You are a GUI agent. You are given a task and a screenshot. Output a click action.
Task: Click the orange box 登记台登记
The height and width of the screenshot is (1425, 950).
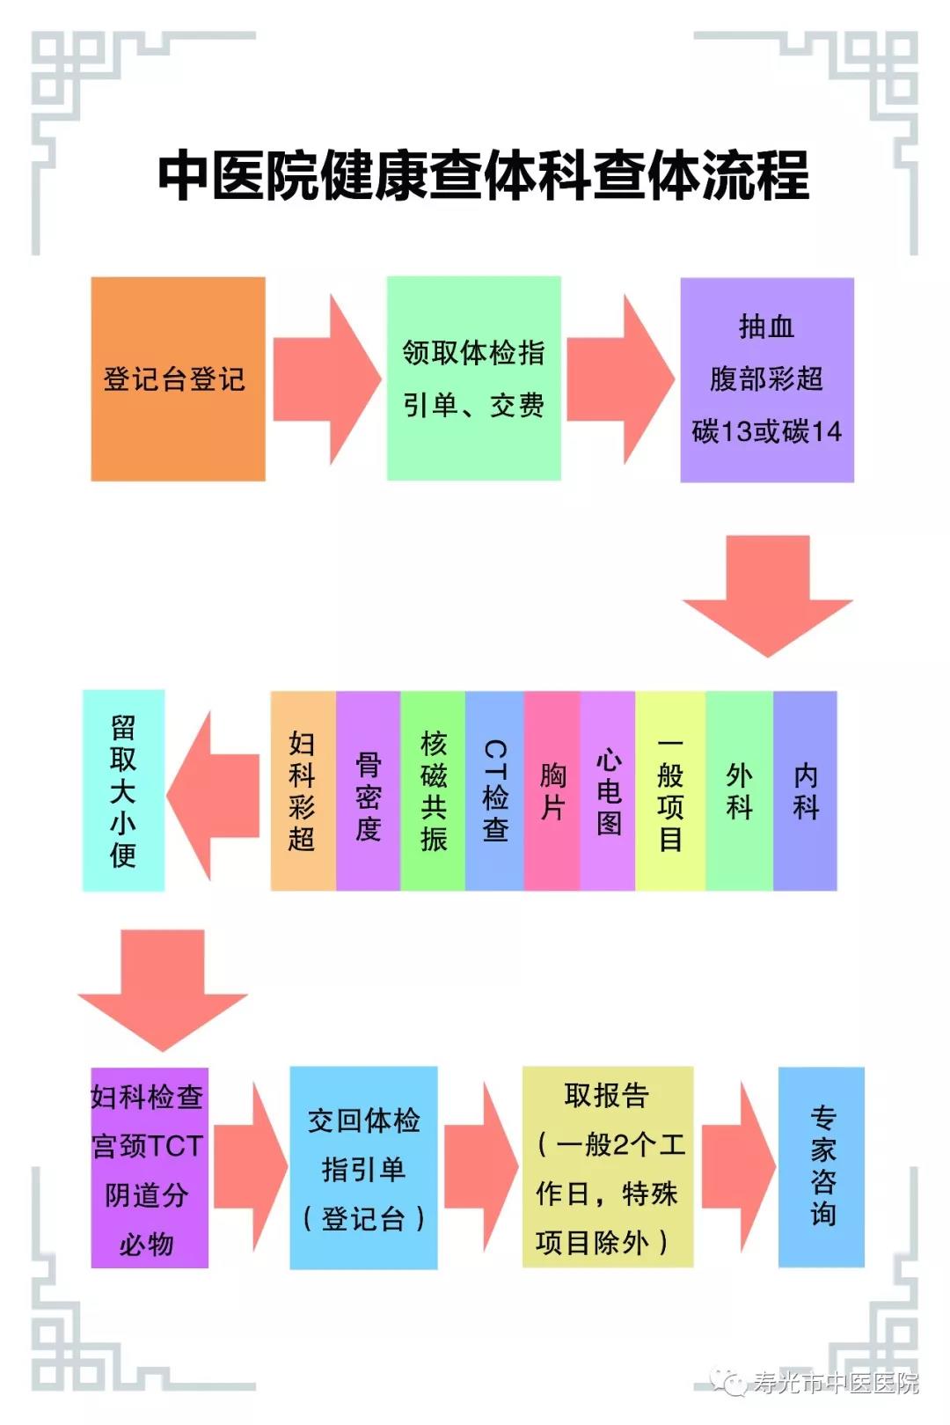tap(178, 378)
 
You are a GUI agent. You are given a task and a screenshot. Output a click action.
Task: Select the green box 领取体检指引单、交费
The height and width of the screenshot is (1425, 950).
tap(474, 378)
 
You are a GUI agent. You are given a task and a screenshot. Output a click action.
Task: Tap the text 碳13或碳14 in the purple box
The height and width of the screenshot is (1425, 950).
tap(766, 431)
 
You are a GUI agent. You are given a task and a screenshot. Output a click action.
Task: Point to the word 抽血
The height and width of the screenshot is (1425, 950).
tap(766, 327)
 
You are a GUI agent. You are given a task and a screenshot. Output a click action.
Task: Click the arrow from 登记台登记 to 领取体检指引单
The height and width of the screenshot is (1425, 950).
tap(327, 379)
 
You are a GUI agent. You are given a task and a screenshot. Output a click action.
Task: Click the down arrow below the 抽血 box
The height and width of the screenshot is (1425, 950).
tap(767, 596)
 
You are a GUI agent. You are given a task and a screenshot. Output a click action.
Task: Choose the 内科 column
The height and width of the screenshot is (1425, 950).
tap(805, 790)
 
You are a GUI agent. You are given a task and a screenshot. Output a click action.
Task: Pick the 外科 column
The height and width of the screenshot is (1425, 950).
tap(740, 790)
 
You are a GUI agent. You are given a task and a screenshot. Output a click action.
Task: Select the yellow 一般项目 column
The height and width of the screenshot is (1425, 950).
tap(670, 790)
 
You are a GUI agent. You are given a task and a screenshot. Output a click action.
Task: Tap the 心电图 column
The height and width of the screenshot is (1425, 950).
tap(608, 790)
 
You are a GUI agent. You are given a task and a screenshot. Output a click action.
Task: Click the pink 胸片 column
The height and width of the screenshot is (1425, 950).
tap(552, 790)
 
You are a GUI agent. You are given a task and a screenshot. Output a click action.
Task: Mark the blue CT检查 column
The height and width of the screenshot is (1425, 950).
tap(494, 790)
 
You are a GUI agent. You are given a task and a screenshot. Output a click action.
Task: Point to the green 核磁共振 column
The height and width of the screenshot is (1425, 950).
tap(433, 790)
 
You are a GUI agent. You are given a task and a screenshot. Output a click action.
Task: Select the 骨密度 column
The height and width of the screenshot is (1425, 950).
tap(369, 790)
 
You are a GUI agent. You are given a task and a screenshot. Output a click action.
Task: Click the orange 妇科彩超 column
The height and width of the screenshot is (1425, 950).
tap(303, 790)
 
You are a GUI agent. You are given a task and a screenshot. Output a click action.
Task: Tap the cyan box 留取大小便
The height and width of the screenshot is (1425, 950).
tap(123, 790)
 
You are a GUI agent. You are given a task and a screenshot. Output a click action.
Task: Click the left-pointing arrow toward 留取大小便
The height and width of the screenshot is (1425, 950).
tap(213, 795)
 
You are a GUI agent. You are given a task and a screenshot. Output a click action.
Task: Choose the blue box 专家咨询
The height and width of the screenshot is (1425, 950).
tap(822, 1168)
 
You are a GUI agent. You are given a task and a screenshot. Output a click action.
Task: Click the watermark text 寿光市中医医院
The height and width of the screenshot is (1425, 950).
tap(837, 1383)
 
